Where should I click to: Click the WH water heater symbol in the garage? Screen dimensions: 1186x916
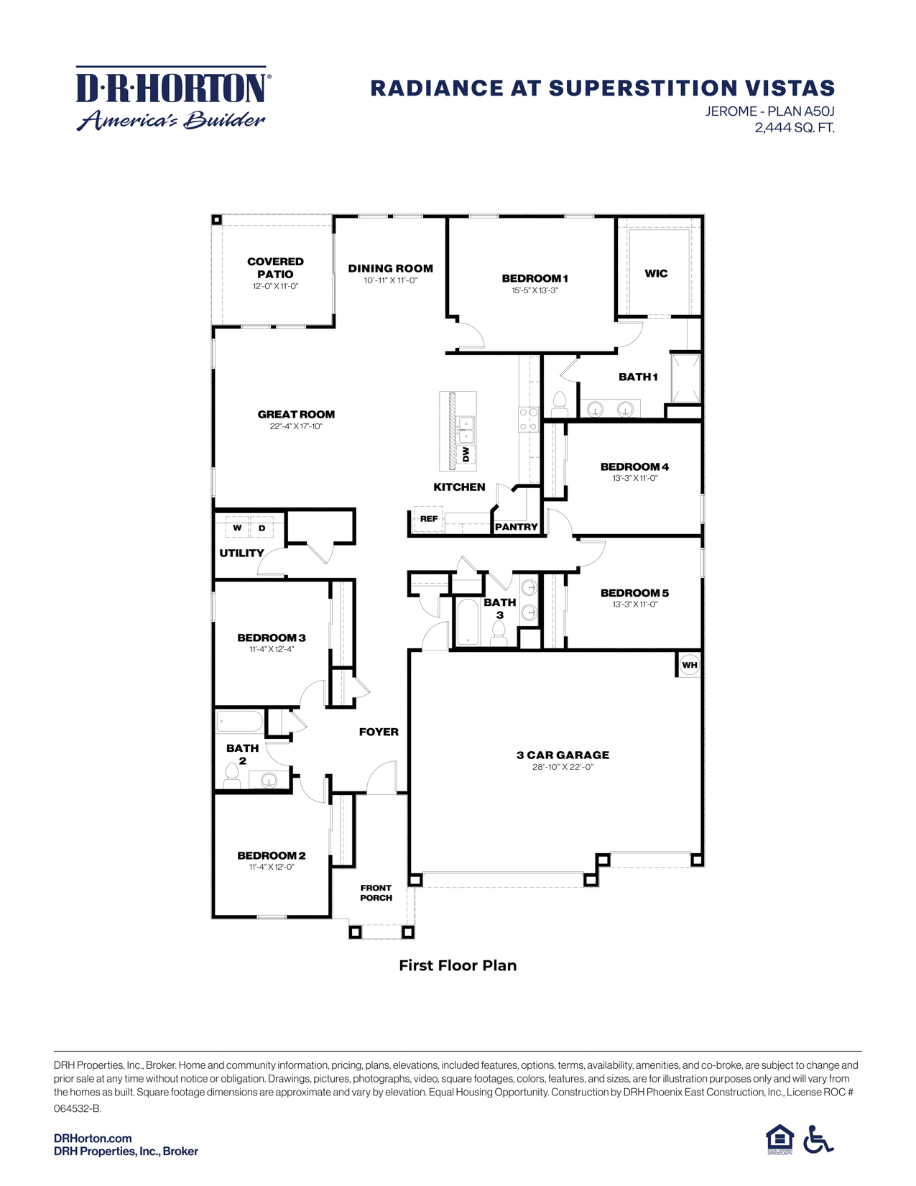tap(689, 665)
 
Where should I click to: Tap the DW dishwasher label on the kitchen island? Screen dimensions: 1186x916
tap(466, 454)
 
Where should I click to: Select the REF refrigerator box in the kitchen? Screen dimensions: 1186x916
tap(429, 518)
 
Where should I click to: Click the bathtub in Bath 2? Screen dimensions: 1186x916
tap(241, 722)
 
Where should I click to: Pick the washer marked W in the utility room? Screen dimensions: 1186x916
tap(237, 528)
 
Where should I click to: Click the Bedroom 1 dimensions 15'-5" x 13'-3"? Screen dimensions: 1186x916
tap(535, 291)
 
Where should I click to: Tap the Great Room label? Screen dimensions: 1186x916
tap(296, 414)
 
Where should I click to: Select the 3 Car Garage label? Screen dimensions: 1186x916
tap(563, 755)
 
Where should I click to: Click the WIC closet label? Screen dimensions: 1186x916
tap(656, 273)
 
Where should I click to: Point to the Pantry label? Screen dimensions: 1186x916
tap(516, 527)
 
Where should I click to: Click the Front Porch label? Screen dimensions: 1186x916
tap(376, 893)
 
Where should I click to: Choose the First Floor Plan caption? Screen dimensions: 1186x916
tap(458, 965)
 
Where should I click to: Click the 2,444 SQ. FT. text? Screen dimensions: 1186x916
tap(794, 128)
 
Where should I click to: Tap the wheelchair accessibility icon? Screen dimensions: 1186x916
tap(818, 1139)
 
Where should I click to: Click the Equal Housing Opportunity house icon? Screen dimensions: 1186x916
tap(779, 1139)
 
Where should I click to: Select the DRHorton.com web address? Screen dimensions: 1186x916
tap(93, 1138)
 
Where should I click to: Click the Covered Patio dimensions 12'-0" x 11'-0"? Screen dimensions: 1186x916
tap(275, 286)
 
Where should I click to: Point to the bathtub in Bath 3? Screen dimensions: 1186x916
tap(468, 622)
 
